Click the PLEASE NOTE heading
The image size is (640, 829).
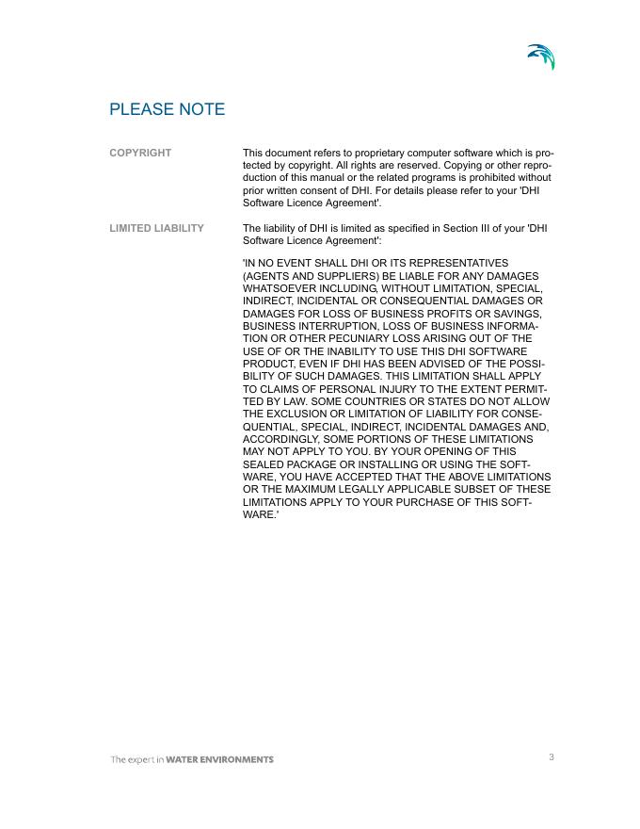[x=167, y=109]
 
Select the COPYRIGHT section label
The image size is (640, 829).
[x=140, y=153]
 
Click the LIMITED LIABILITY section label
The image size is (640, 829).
[x=156, y=228]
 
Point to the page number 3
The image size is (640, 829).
[x=552, y=756]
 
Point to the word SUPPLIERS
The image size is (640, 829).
[x=337, y=275]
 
